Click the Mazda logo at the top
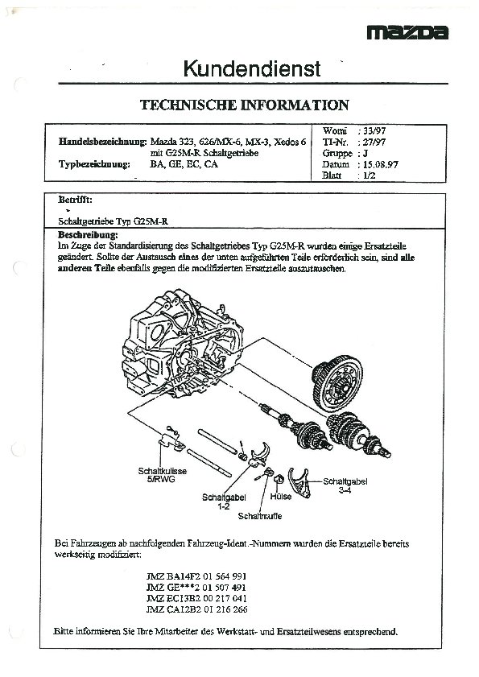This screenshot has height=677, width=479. pyautogui.click(x=407, y=32)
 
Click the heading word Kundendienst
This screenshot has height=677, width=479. pyautogui.click(x=252, y=68)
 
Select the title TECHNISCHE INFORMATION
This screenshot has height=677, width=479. pyautogui.click(x=245, y=105)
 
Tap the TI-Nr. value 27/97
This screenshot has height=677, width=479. pyautogui.click(x=374, y=142)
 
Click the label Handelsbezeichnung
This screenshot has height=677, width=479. pyautogui.click(x=103, y=142)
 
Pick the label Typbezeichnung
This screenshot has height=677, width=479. pyautogui.click(x=94, y=164)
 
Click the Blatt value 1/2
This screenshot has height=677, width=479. pyautogui.click(x=370, y=175)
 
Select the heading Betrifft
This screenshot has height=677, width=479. pyautogui.click(x=75, y=200)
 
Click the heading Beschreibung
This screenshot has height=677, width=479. pyautogui.click(x=88, y=235)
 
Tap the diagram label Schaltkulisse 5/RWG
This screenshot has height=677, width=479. pyautogui.click(x=163, y=474)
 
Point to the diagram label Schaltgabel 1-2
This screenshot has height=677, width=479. pyautogui.click(x=224, y=502)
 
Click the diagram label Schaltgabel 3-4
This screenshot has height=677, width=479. pyautogui.click(x=345, y=485)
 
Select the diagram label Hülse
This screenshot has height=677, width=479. pyautogui.click(x=281, y=497)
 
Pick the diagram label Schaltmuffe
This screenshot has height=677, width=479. pyautogui.click(x=259, y=516)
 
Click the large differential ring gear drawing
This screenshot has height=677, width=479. pyautogui.click(x=337, y=383)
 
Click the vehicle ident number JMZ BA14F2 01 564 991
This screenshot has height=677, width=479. pyautogui.click(x=196, y=576)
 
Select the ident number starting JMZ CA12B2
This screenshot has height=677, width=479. pyautogui.click(x=197, y=609)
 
